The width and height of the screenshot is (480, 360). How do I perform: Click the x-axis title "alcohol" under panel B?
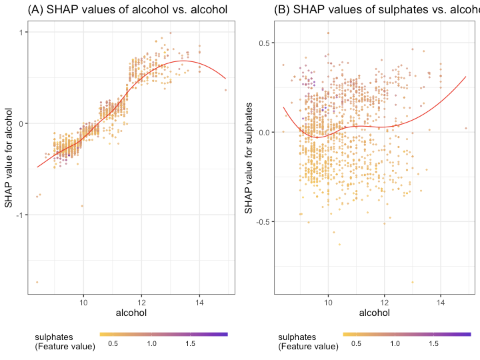click(x=375, y=312)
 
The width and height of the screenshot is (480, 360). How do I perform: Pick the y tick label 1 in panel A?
click(x=21, y=33)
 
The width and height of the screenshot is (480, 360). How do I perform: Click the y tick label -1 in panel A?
click(x=20, y=215)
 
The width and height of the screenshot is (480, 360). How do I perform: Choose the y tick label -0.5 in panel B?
click(x=261, y=221)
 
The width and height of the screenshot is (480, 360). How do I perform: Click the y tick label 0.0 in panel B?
click(x=262, y=132)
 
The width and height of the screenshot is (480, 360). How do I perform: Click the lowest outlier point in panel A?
click(x=37, y=282)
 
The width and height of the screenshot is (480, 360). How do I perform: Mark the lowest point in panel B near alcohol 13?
click(x=413, y=282)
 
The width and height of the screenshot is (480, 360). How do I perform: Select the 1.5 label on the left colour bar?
click(x=190, y=343)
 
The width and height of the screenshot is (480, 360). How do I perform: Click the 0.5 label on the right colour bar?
click(x=356, y=343)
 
